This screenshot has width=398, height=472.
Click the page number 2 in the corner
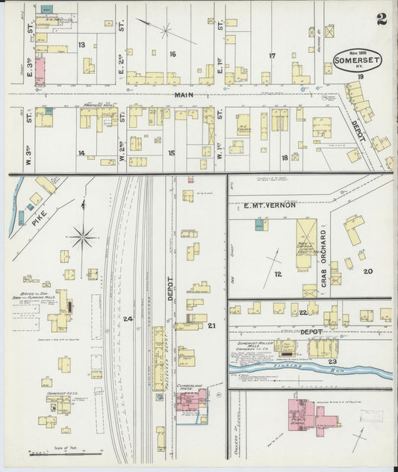click(x=382, y=19)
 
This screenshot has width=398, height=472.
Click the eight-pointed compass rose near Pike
click(x=83, y=238)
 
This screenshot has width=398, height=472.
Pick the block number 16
click(x=172, y=54)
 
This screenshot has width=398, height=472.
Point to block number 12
click(x=277, y=275)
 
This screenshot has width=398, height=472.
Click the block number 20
click(x=367, y=271)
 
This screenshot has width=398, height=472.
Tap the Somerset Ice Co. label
click(x=56, y=393)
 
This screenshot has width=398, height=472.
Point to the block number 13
click(x=81, y=45)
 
